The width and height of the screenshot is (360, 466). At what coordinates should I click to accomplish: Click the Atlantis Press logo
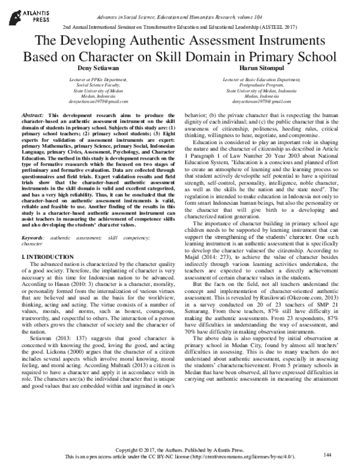click(x=25, y=14)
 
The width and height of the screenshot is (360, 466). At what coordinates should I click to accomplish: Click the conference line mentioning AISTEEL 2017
click(x=179, y=28)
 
